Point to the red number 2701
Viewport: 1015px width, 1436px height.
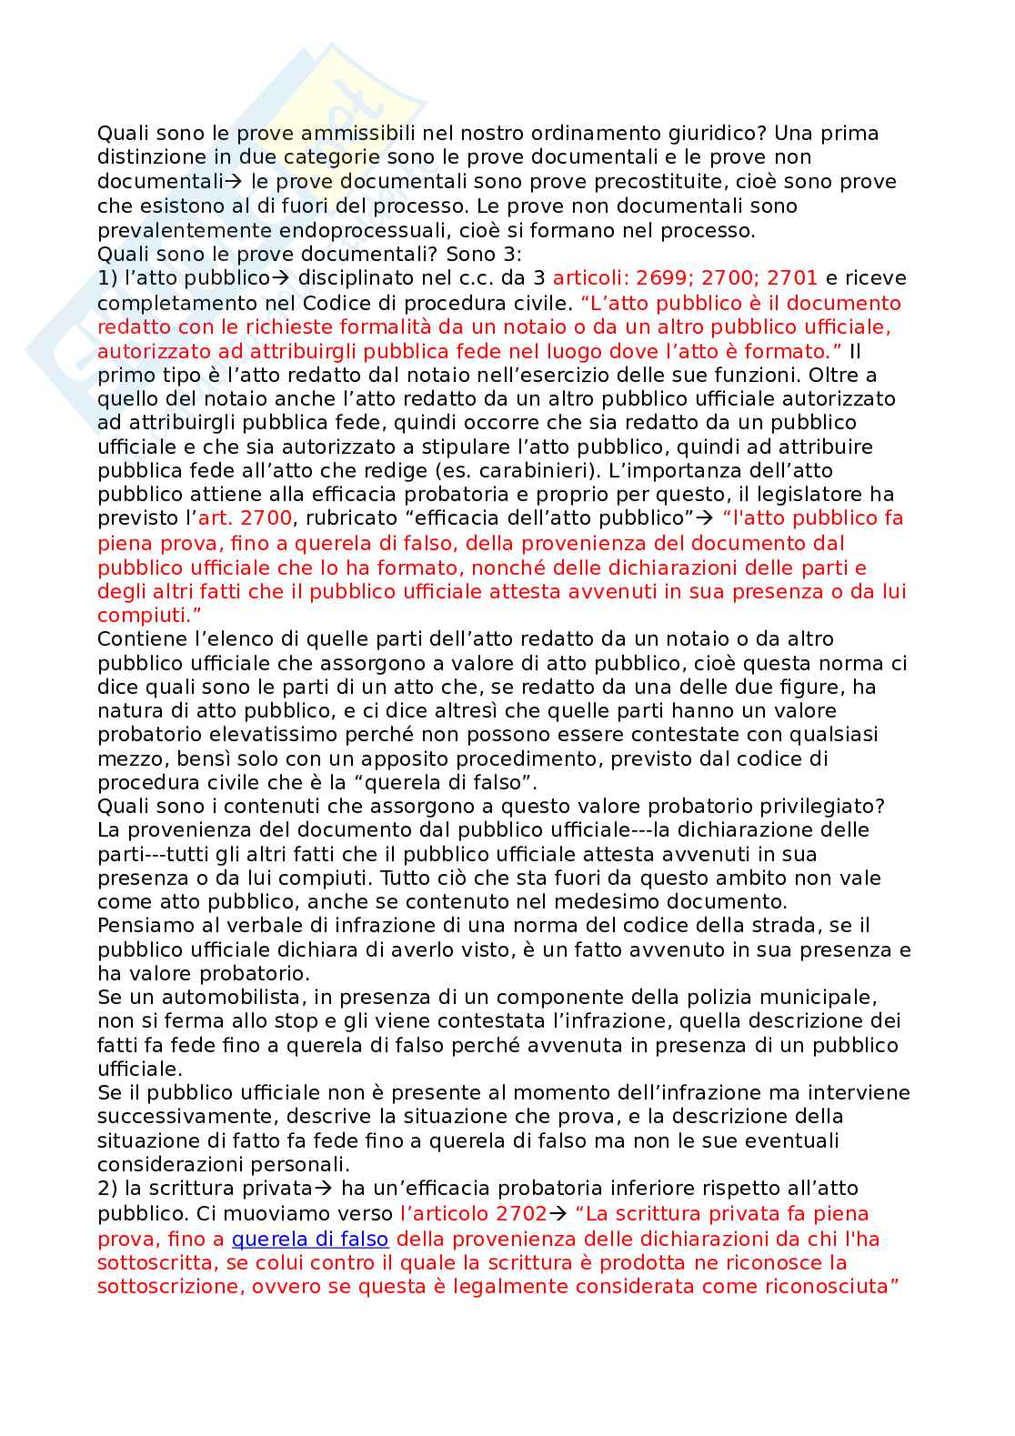pyautogui.click(x=791, y=278)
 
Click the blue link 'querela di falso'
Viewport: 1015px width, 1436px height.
pyautogui.click(x=310, y=1239)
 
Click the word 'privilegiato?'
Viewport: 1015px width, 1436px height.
pyautogui.click(x=815, y=806)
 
